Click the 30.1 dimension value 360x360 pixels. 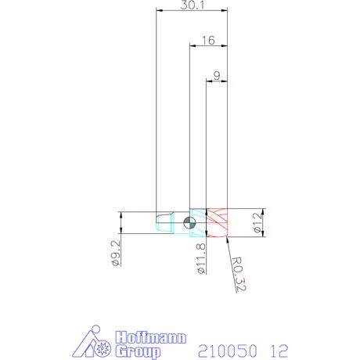pos(193,5)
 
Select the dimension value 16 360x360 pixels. pos(208,41)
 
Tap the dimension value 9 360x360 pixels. pos(217,76)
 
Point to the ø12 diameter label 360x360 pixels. pos(257,222)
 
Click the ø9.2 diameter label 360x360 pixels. pos(116,253)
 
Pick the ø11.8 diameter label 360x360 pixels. pos(201,258)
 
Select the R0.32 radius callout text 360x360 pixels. pos(239,274)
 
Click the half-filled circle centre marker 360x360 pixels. pos(189,222)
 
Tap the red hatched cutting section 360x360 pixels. pos(217,222)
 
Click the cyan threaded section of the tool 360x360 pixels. pos(198,222)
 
